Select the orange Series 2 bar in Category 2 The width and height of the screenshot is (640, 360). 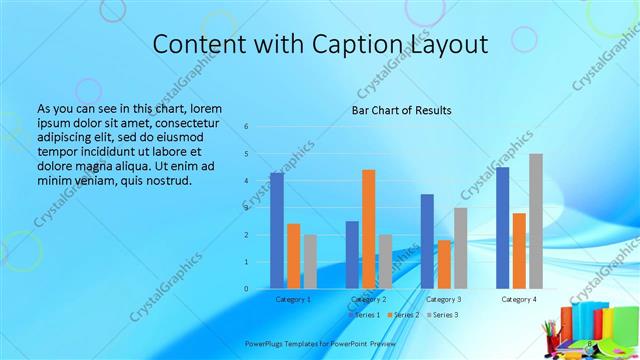pyautogui.click(x=369, y=229)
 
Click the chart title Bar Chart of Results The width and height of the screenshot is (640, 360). pyautogui.click(x=401, y=110)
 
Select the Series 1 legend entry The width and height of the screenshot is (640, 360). pyautogui.click(x=363, y=315)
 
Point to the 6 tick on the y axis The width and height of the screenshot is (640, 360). pyautogui.click(x=246, y=127)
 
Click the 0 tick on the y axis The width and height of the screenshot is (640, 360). pyautogui.click(x=246, y=289)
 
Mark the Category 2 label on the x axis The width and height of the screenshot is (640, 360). pyautogui.click(x=369, y=299)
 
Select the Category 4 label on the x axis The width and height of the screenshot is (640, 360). pyautogui.click(x=519, y=299)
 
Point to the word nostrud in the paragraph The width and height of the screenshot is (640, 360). pyautogui.click(x=168, y=179)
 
